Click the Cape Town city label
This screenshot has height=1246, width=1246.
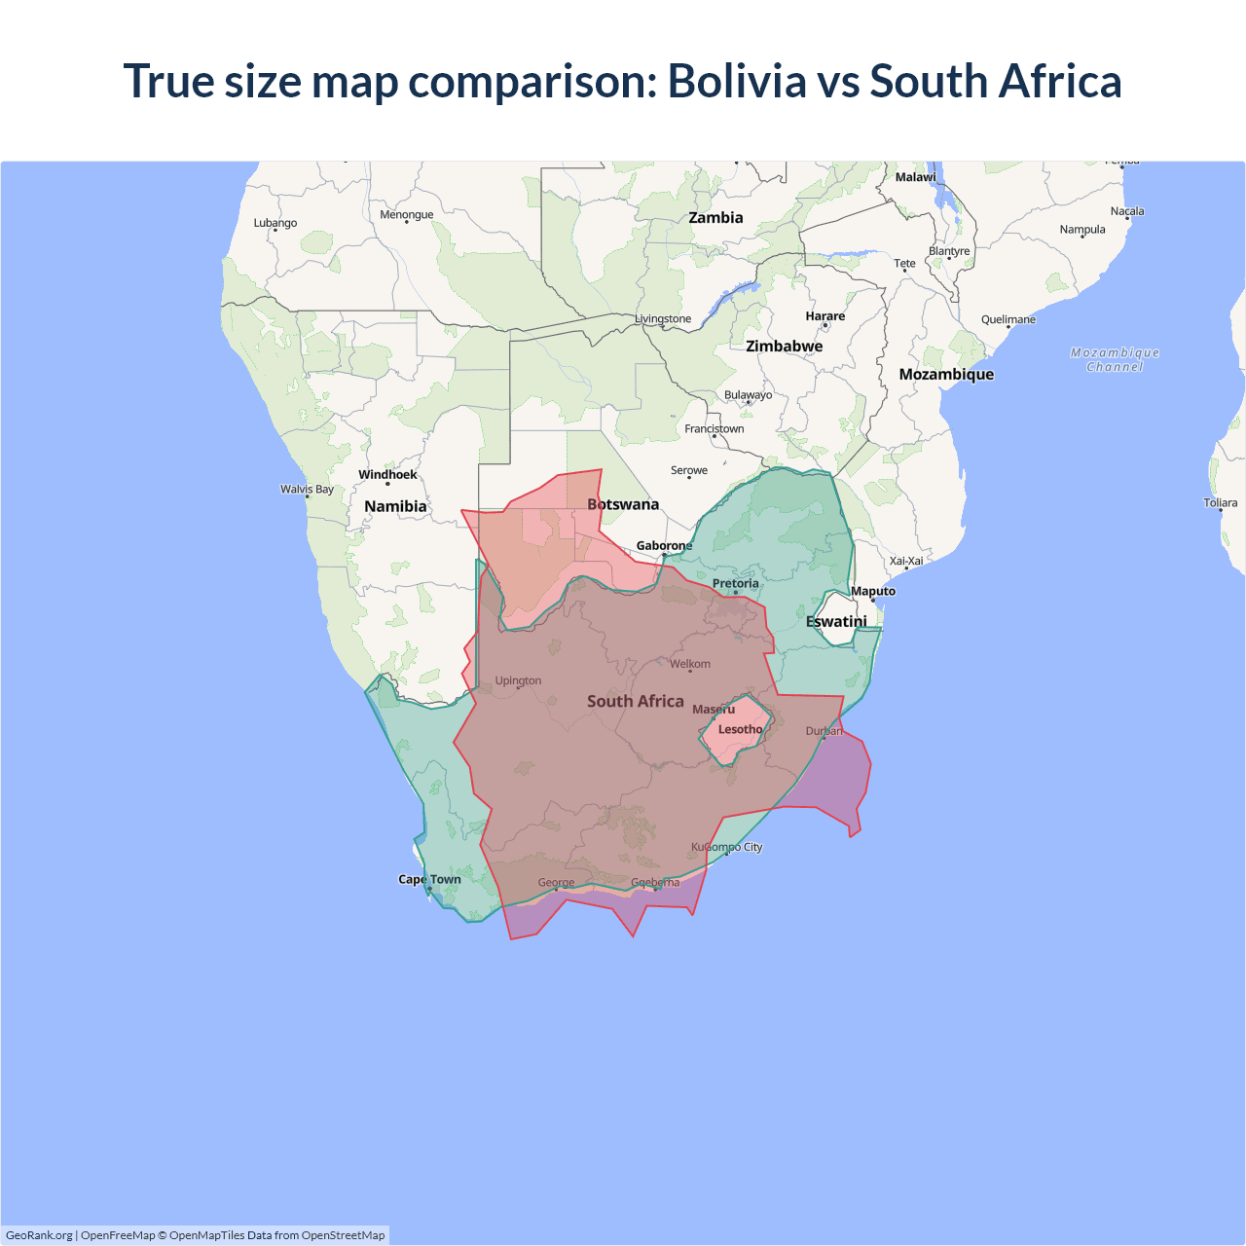coord(429,879)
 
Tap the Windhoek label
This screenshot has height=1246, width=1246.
coord(387,475)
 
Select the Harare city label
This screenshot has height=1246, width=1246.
coord(825,316)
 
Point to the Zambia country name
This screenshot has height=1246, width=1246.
coord(715,218)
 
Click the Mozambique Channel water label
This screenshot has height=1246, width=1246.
coord(1115,359)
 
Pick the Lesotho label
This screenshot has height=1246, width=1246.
coord(740,729)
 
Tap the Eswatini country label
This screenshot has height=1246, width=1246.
coord(836,621)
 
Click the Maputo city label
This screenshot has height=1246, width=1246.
coord(873,591)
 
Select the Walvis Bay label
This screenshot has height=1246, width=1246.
coord(307,489)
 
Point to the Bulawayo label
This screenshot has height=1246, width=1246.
coord(748,395)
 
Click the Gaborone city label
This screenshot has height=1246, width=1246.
coord(664,545)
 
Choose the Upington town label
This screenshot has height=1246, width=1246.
coord(518,680)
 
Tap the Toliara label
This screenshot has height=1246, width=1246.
coord(1220,503)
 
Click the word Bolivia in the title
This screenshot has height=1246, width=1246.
coord(737,81)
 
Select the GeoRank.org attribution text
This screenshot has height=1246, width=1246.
coord(39,1235)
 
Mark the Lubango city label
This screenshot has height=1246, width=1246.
coord(275,223)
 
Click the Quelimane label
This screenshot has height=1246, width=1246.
coord(1008,319)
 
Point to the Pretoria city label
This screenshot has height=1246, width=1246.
coord(735,583)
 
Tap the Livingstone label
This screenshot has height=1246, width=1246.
coord(663,318)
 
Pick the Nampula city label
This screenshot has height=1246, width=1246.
coord(1082,230)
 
